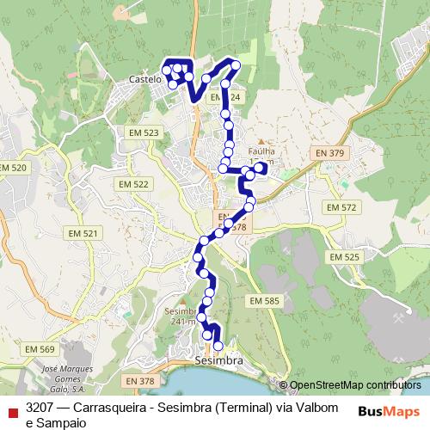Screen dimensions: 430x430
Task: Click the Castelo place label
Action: [x=144, y=78]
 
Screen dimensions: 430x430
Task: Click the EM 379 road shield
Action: [x=329, y=153]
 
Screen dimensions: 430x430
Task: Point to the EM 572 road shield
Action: [x=341, y=208]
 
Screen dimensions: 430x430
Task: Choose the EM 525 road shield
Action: [x=345, y=257]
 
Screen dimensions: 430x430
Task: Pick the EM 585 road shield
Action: [x=264, y=300]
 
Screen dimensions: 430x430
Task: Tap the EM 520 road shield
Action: [x=14, y=167]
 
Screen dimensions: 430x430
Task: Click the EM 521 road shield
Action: [x=85, y=233]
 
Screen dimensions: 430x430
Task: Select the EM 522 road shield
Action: [x=136, y=184]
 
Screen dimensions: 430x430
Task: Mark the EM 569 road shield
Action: [x=40, y=349]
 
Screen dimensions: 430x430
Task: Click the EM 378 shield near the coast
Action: [x=138, y=380]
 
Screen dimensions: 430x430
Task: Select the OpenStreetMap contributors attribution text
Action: [x=355, y=385]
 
